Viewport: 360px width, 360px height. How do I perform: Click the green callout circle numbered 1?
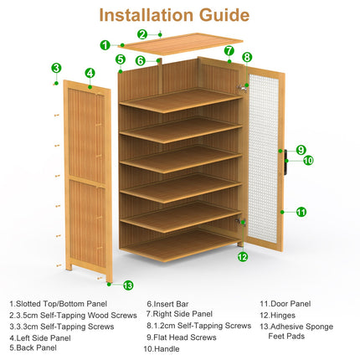[105, 45]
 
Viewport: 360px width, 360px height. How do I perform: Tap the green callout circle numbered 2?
[142, 34]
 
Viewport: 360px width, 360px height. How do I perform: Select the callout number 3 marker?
[56, 68]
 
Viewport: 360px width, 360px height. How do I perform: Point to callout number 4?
[90, 73]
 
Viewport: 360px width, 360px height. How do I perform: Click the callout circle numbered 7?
[229, 50]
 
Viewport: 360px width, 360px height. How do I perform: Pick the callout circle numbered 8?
[247, 58]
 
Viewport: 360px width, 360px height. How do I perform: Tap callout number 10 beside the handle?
[308, 160]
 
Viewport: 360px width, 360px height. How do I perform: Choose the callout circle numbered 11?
[301, 212]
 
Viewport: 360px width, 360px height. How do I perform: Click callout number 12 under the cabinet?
[243, 257]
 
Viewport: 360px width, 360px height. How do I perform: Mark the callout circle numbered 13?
[128, 285]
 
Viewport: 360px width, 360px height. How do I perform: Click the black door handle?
[285, 156]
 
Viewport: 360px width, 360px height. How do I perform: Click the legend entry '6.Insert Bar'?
[165, 304]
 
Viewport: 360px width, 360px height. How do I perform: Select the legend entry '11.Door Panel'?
[285, 304]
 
